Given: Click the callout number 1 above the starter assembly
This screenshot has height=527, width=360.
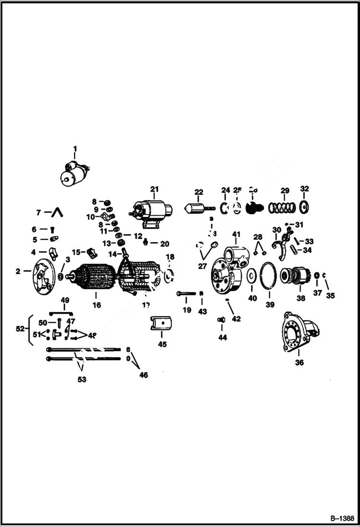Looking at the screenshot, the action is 74,148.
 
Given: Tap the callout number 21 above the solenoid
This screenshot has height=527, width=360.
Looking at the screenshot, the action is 154,188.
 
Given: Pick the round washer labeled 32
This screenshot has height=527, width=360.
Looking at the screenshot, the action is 304,208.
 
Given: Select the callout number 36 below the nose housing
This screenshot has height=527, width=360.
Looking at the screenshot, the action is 299,363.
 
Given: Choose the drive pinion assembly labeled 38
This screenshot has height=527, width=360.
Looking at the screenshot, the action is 294,276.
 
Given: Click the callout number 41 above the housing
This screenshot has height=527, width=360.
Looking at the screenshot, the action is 236,234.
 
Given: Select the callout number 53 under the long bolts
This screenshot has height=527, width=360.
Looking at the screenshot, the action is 82,380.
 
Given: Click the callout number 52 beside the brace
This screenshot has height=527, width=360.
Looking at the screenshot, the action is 19,329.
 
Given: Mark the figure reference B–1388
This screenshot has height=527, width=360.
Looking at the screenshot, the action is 342,519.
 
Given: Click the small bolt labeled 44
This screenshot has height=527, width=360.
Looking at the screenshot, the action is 222,319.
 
